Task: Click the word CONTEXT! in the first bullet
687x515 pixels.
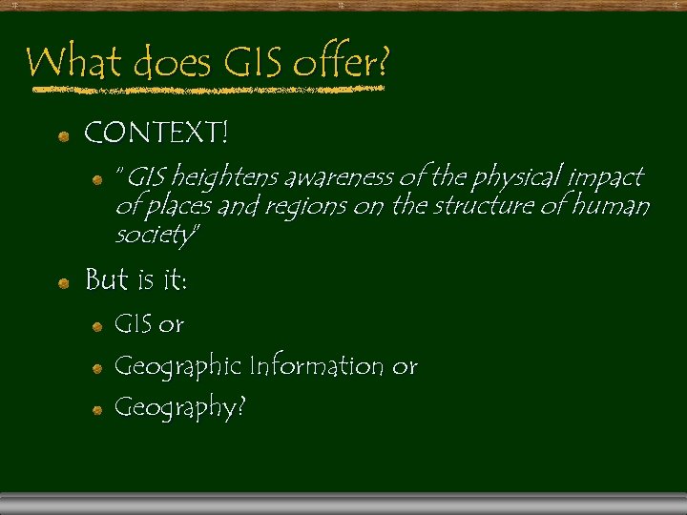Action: [x=156, y=134]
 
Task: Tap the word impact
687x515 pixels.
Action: [x=607, y=177]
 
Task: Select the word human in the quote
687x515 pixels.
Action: [x=616, y=206]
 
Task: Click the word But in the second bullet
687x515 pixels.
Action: [x=106, y=280]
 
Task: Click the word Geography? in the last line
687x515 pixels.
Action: [x=179, y=408]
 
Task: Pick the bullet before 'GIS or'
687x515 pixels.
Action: [x=96, y=326]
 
